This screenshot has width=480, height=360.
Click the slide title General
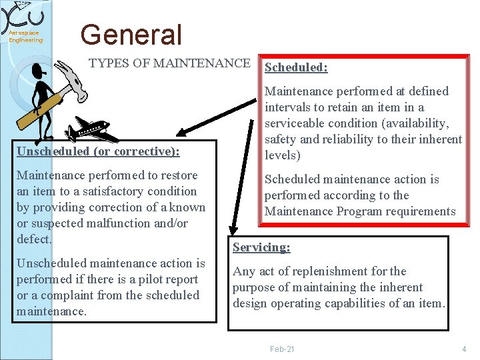tap(131, 35)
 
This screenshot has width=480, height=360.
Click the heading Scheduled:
tap(295, 67)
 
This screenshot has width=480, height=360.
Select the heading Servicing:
tap(261, 247)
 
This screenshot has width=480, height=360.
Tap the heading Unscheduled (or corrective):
tap(98, 151)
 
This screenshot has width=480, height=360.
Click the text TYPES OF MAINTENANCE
tap(169, 63)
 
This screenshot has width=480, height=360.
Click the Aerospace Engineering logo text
tap(25, 36)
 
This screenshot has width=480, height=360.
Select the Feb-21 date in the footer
tap(282, 349)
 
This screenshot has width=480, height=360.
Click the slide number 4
tap(463, 349)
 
